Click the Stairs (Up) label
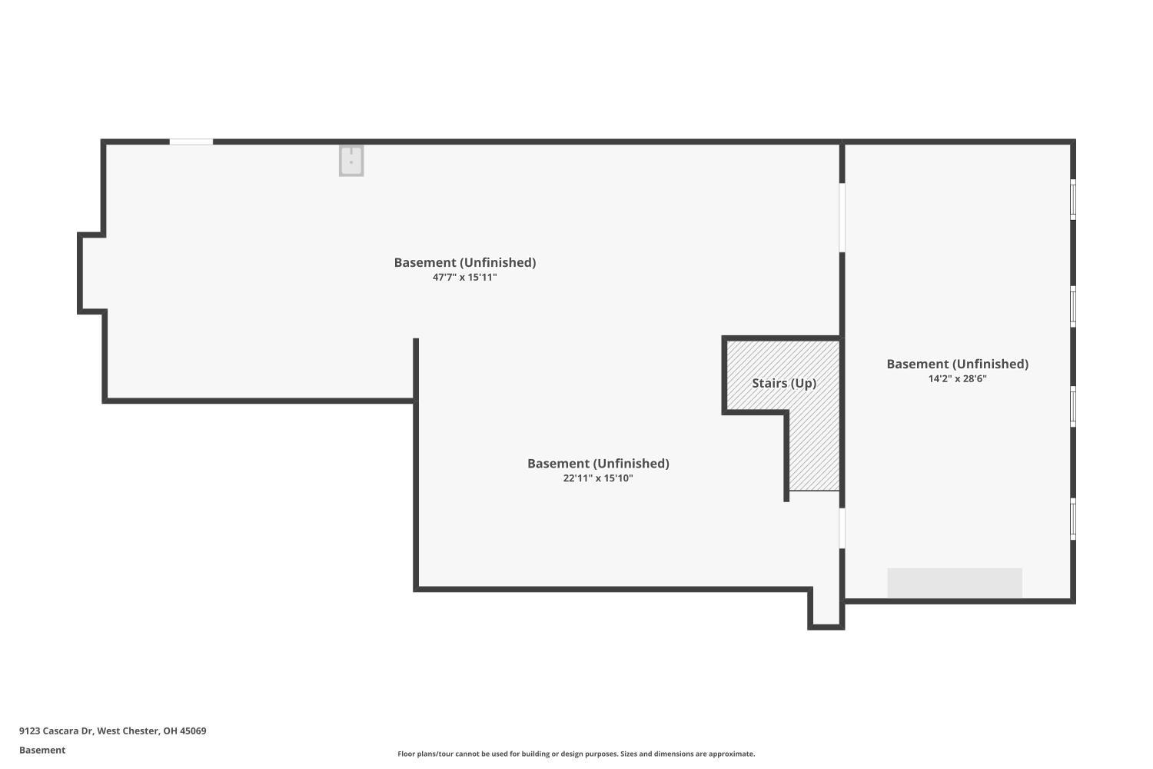[x=784, y=383]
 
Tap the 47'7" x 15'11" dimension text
[x=465, y=277]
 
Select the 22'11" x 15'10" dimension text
[x=598, y=478]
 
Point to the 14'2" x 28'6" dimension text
[x=958, y=378]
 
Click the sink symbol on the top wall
[x=351, y=161]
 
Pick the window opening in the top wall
[x=191, y=141]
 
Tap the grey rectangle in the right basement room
[x=955, y=583]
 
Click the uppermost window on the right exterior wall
[x=1073, y=199]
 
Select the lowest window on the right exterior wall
[x=1073, y=518]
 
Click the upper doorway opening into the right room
[x=842, y=218]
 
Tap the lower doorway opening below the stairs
[x=842, y=528]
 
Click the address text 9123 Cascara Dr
[x=57, y=731]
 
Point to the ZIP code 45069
[x=193, y=731]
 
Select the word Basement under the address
[x=42, y=750]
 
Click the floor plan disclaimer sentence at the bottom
[x=576, y=754]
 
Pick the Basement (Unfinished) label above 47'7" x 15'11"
[x=465, y=263]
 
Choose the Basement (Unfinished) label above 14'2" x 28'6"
[x=958, y=365]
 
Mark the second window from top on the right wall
[x=1073, y=307]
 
